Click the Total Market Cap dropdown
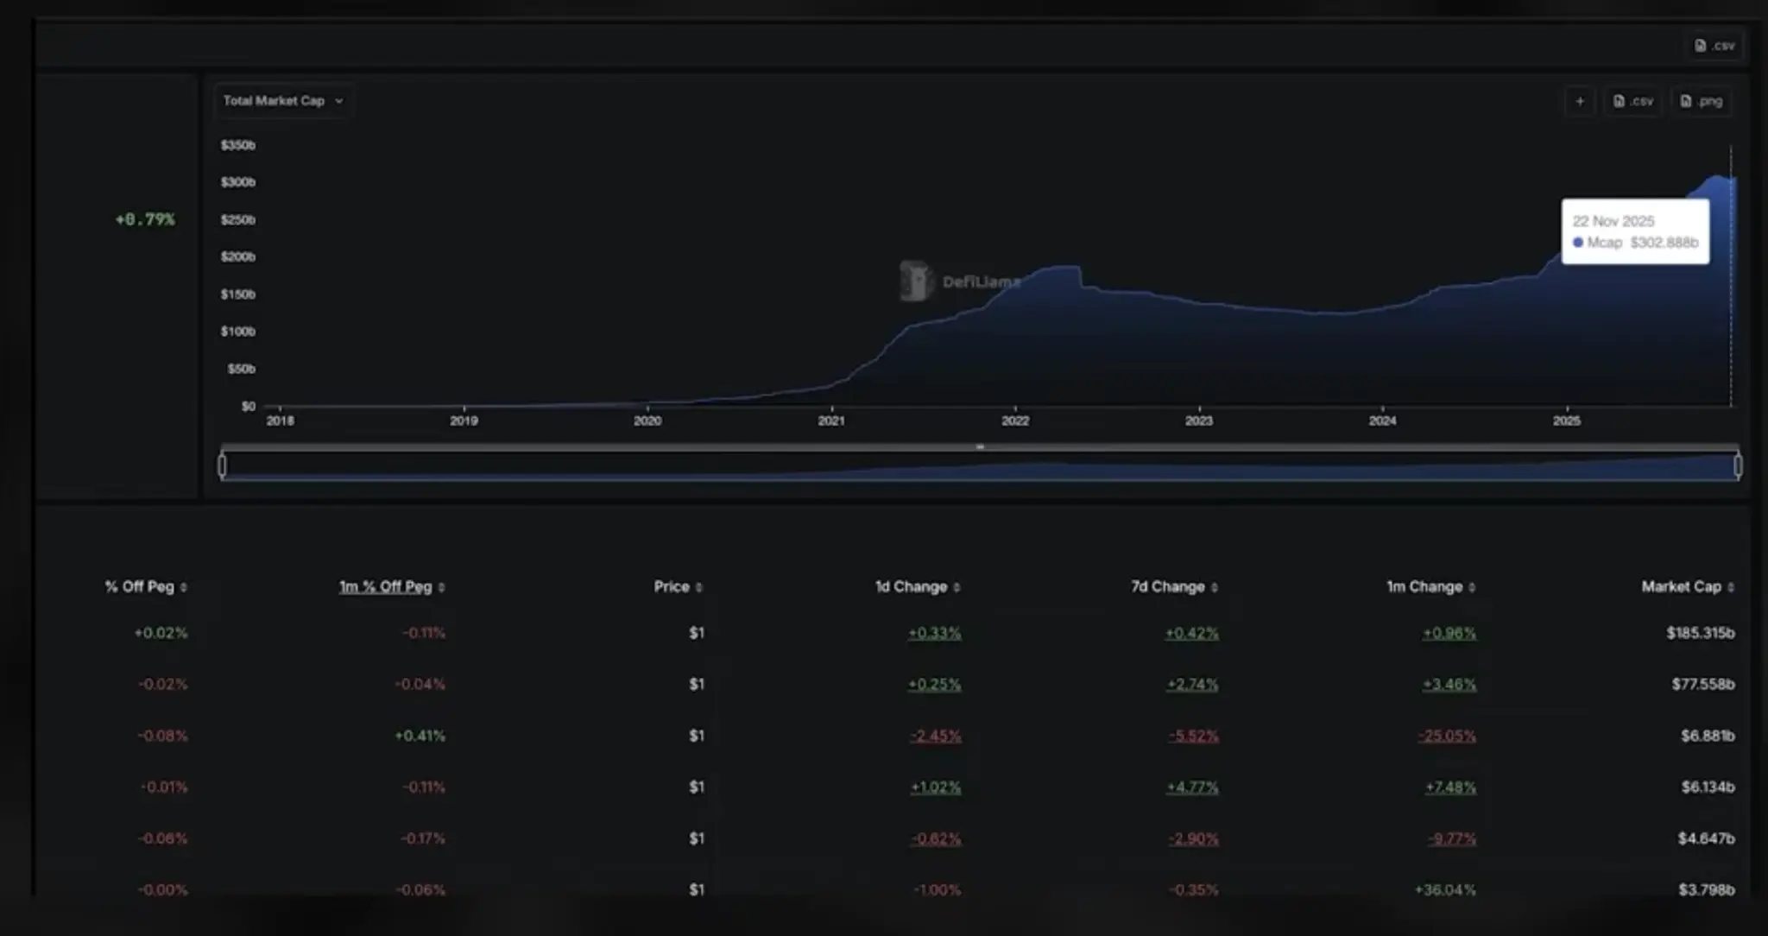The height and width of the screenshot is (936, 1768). (282, 101)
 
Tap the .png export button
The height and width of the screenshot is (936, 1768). (1702, 101)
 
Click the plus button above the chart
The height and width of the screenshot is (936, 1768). (1580, 101)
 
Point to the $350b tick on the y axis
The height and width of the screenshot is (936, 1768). (238, 145)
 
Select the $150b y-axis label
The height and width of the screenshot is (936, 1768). (238, 294)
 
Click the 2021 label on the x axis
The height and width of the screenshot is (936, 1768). (831, 421)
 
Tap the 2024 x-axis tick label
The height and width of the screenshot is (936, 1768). (1382, 421)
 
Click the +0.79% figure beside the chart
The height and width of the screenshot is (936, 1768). (145, 219)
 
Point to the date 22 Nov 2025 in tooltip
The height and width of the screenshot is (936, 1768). (1613, 221)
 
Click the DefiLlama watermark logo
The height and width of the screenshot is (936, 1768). (916, 281)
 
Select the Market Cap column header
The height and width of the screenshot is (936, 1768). (1681, 586)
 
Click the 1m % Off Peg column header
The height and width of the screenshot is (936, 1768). (385, 586)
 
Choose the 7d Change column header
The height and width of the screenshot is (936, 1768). (1168, 586)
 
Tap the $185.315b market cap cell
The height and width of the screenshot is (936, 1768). (1700, 633)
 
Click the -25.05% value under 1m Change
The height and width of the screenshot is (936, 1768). (1448, 736)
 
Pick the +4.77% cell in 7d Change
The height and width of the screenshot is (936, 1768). (1192, 787)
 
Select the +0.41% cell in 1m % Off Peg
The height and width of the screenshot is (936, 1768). (420, 736)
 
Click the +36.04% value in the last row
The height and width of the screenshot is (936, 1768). (1445, 889)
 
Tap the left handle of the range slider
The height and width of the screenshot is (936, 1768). (223, 466)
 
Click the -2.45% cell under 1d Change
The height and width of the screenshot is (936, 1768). (936, 736)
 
